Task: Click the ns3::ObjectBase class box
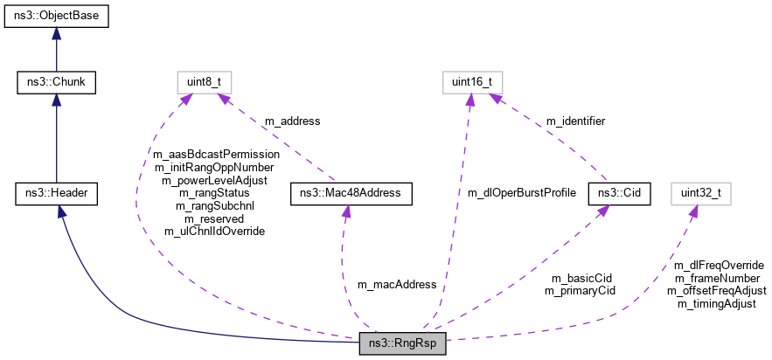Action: tap(56, 17)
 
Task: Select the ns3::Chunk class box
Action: tap(56, 83)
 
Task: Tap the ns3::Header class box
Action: tap(56, 193)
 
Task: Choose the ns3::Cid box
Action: tap(619, 193)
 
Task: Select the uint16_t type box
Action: tap(471, 83)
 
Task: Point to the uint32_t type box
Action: tap(700, 193)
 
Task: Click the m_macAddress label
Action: tap(396, 285)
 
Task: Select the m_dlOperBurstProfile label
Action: tap(521, 192)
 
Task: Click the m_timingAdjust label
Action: tap(716, 303)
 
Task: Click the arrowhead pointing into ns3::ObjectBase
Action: tap(56, 34)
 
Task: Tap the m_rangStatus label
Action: tap(214, 192)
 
